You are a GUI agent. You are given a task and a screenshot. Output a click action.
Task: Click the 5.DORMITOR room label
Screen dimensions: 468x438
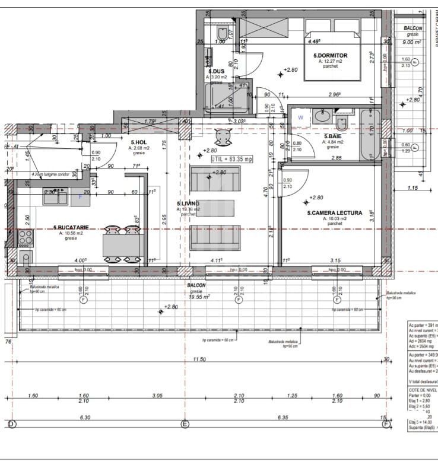[x=331, y=56]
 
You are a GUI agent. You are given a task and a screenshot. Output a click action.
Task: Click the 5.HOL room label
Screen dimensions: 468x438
[x=139, y=142]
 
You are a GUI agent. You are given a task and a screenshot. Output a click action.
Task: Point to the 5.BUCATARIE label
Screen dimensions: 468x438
[x=71, y=227]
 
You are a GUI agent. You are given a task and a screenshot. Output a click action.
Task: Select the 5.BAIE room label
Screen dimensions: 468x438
[x=332, y=135]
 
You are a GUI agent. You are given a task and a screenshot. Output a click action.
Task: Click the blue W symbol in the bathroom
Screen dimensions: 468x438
[x=301, y=117]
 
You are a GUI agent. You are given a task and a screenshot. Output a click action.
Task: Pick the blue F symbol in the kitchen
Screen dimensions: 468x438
[x=80, y=196]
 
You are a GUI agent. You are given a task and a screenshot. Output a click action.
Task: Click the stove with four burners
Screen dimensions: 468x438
[x=25, y=238]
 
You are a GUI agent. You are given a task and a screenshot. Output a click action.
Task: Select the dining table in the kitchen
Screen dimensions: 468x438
[x=123, y=245]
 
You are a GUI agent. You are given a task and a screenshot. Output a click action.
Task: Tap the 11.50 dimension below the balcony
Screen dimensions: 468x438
[x=199, y=359]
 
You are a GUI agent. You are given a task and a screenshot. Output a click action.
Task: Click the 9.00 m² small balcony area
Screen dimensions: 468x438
[x=412, y=42]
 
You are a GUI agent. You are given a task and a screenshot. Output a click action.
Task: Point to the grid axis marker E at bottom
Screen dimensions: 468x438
[x=185, y=424]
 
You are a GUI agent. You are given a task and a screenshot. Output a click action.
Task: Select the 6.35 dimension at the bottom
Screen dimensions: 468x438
[x=282, y=417]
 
